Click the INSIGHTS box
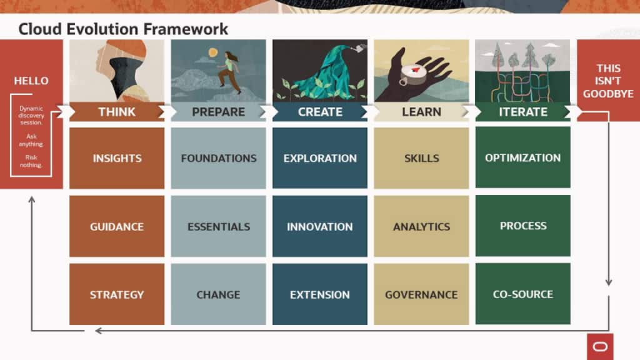click(x=117, y=158)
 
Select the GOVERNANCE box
click(x=421, y=294)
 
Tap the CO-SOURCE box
click(x=522, y=294)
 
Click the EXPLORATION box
click(x=319, y=158)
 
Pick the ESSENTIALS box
click(x=218, y=226)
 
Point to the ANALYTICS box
click(x=421, y=226)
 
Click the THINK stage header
click(x=117, y=112)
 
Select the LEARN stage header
click(x=421, y=112)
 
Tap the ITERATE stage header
click(x=522, y=112)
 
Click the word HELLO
click(x=31, y=81)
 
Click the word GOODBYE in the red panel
click(x=608, y=94)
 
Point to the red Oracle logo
click(x=600, y=346)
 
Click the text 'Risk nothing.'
click(x=31, y=161)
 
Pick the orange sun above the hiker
click(x=213, y=53)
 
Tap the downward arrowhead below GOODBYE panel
click(x=608, y=282)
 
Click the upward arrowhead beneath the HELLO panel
click(x=32, y=199)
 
